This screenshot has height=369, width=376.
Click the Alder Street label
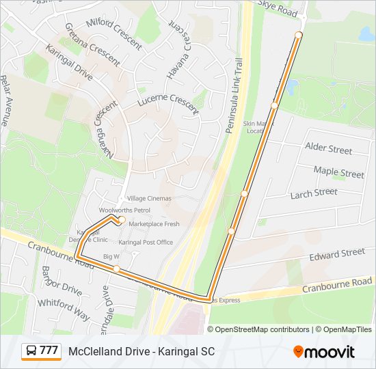(328, 148)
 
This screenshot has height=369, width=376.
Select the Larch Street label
(314, 193)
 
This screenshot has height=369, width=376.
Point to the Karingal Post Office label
(146, 242)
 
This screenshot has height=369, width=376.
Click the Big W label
(111, 256)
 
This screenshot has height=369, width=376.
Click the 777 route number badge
(41, 351)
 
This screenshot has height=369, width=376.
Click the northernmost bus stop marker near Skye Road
(299, 35)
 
